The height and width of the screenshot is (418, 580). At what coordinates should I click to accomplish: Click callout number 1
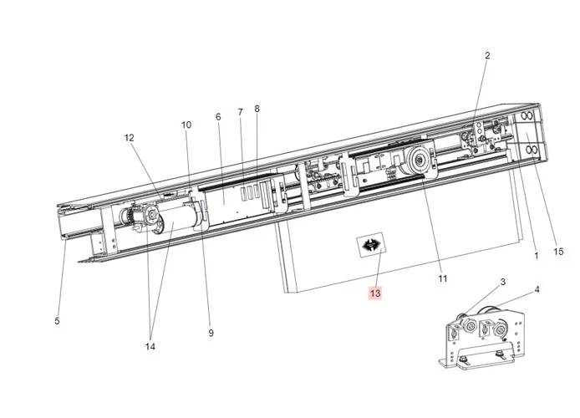[537, 257]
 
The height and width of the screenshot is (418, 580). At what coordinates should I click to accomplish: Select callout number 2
[487, 56]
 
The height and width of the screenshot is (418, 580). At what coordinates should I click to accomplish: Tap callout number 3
[503, 282]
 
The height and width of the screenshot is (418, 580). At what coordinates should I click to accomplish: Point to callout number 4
[537, 290]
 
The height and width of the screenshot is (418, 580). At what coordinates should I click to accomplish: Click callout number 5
[57, 321]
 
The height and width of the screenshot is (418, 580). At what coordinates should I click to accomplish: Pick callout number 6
[218, 117]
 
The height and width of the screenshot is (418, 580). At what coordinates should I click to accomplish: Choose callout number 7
[240, 112]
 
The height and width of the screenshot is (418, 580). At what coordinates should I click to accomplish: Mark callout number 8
[257, 109]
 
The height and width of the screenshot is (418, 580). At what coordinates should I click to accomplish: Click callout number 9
[211, 333]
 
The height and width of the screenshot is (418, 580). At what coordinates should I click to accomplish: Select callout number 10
[186, 125]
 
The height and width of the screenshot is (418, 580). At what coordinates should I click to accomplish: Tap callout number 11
[443, 278]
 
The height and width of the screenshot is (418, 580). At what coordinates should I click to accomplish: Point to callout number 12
[130, 137]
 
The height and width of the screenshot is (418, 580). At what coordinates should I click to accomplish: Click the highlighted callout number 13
[375, 293]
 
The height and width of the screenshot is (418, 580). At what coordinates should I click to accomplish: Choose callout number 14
[150, 346]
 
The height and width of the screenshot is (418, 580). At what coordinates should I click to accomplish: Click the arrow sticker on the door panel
[369, 246]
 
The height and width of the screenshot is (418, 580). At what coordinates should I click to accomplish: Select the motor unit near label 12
[146, 219]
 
